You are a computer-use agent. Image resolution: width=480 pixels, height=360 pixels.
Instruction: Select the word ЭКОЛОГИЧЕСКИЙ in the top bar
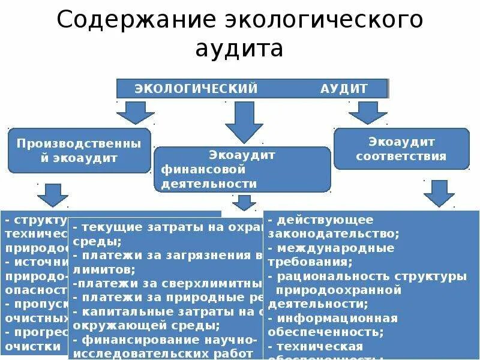196,89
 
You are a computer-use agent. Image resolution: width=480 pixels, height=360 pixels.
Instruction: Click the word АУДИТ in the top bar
344,89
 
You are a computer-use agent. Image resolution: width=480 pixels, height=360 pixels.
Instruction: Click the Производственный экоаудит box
79,151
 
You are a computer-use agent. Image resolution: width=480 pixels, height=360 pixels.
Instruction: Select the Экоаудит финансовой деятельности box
242,169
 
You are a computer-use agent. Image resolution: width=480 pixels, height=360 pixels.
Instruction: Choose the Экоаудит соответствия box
401,149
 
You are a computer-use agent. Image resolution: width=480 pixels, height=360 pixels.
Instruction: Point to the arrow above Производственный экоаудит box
136,112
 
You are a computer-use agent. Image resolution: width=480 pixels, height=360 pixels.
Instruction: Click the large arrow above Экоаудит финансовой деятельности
244,122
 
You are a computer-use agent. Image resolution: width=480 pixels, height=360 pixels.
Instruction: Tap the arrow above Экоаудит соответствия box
368,112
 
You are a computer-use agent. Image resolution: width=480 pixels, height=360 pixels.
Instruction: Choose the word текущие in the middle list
104,228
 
